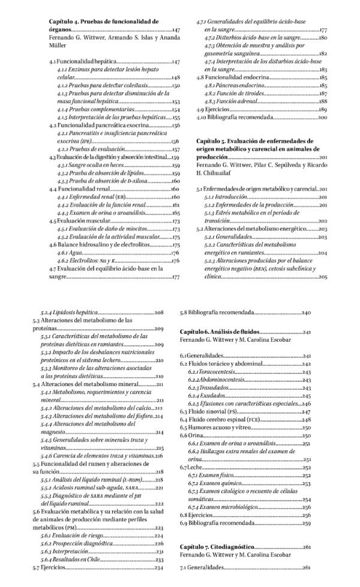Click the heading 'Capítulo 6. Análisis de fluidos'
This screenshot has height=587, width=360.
(220, 331)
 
